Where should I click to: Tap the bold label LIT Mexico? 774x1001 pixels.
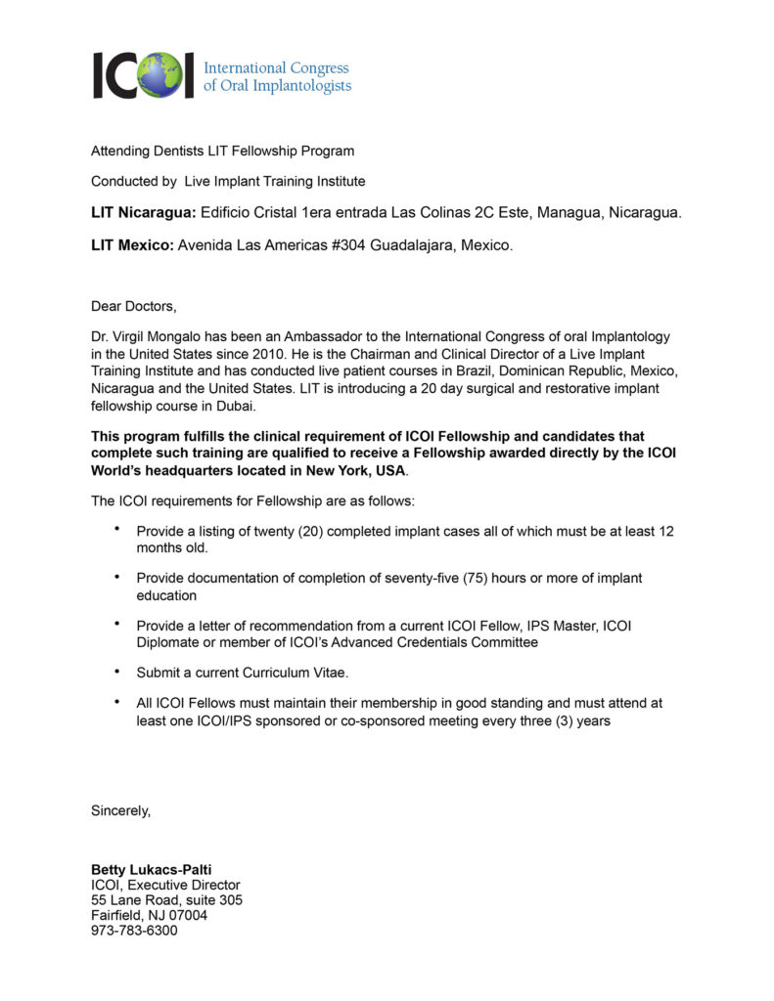click(132, 245)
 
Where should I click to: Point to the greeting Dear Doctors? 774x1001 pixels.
click(134, 306)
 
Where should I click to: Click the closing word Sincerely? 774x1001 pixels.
click(121, 810)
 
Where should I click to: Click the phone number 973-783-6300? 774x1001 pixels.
click(134, 931)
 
